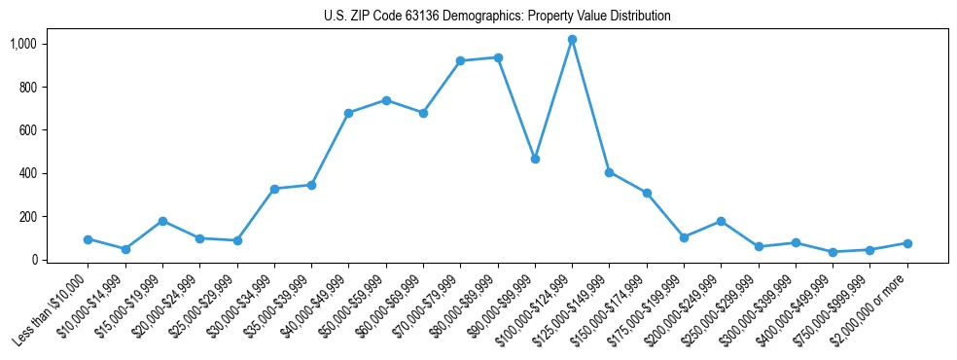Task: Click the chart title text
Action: (497, 17)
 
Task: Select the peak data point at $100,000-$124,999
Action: (572, 40)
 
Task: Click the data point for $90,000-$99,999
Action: (535, 159)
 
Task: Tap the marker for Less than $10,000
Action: (89, 239)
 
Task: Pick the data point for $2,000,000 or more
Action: (907, 243)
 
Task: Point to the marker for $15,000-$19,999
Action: (162, 221)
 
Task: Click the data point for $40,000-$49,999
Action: (348, 113)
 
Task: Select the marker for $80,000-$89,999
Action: (498, 57)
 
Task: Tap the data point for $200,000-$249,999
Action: (721, 221)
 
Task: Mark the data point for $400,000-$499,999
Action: (833, 252)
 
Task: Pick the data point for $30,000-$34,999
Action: (274, 189)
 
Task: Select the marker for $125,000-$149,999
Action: (609, 172)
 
